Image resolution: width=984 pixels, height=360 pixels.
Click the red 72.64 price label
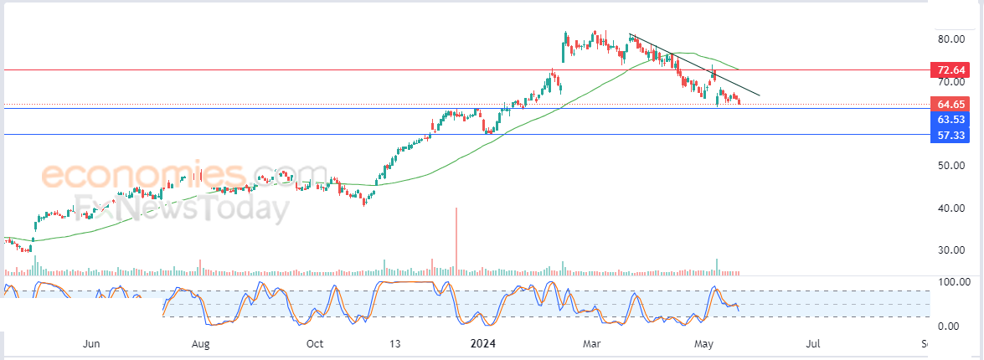coord(951,69)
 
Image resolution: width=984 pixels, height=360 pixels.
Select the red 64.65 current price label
coord(951,104)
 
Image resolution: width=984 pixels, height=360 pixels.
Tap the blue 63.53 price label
coord(951,119)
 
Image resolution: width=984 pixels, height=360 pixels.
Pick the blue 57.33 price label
coord(951,135)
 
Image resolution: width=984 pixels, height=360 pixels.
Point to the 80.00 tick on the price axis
coord(951,39)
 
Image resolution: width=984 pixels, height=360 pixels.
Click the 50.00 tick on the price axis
coord(951,166)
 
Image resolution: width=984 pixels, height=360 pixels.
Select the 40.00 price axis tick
coord(951,208)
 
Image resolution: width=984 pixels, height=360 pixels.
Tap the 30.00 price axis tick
coord(951,250)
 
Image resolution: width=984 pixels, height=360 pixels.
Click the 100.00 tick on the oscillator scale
coord(954,282)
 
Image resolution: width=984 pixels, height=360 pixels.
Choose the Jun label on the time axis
coord(91,344)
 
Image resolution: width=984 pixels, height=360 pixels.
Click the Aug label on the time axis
coord(200,344)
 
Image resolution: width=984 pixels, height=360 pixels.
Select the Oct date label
coord(314,344)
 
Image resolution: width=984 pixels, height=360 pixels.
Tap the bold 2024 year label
coord(483,344)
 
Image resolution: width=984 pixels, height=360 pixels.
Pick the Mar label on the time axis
coord(591,344)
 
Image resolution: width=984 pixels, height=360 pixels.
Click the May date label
coord(705,344)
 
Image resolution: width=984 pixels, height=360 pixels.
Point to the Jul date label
coord(813,344)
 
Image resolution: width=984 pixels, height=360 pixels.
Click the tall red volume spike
coord(456,241)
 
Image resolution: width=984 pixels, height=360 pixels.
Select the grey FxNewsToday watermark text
coord(182,208)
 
